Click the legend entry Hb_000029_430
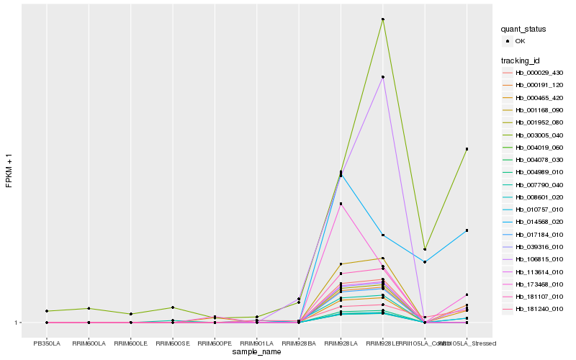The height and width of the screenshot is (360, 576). [534, 73]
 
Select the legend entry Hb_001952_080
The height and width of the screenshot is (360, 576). [534, 122]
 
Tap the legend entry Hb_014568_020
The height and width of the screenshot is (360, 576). [534, 221]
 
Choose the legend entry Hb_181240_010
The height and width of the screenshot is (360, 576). [534, 309]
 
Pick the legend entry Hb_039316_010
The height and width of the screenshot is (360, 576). [534, 247]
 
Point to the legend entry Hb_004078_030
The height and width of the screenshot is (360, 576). [534, 159]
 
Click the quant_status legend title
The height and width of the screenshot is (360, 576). [523, 29]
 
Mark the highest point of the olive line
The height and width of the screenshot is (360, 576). [383, 19]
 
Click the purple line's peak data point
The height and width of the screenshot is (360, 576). [383, 77]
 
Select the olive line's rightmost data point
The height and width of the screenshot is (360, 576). [467, 149]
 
